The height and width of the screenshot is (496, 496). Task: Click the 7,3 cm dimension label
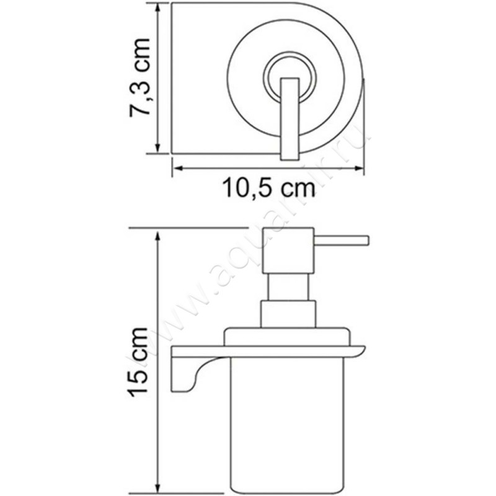click(x=140, y=77)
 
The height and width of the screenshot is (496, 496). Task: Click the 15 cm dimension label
click(x=138, y=363)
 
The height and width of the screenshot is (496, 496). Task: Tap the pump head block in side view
click(x=288, y=250)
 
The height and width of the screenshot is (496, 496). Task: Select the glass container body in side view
click(x=288, y=422)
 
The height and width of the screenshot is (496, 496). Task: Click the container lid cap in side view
click(x=288, y=337)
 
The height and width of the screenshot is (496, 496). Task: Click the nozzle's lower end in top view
click(x=290, y=155)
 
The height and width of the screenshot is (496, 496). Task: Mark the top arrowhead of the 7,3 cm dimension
click(x=160, y=7)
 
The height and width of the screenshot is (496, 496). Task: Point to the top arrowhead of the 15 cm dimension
click(x=160, y=233)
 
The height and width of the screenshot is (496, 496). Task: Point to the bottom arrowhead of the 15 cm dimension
click(x=160, y=487)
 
